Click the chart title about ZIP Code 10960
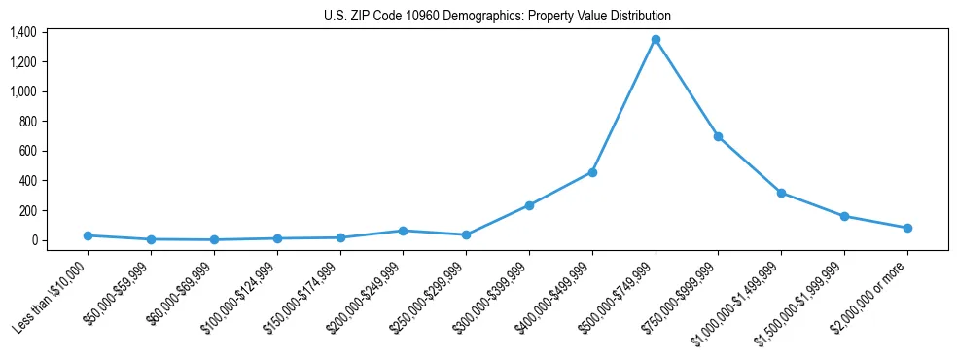point(497,16)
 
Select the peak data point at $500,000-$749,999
point(656,40)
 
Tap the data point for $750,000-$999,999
point(718,136)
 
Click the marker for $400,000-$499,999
point(592,172)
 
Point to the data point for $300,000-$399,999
point(529,205)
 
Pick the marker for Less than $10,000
point(89,235)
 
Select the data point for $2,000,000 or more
point(907,228)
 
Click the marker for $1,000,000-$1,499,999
point(781,193)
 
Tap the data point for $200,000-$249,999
point(404,231)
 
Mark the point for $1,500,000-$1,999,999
point(844,216)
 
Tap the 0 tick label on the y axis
point(33,240)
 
